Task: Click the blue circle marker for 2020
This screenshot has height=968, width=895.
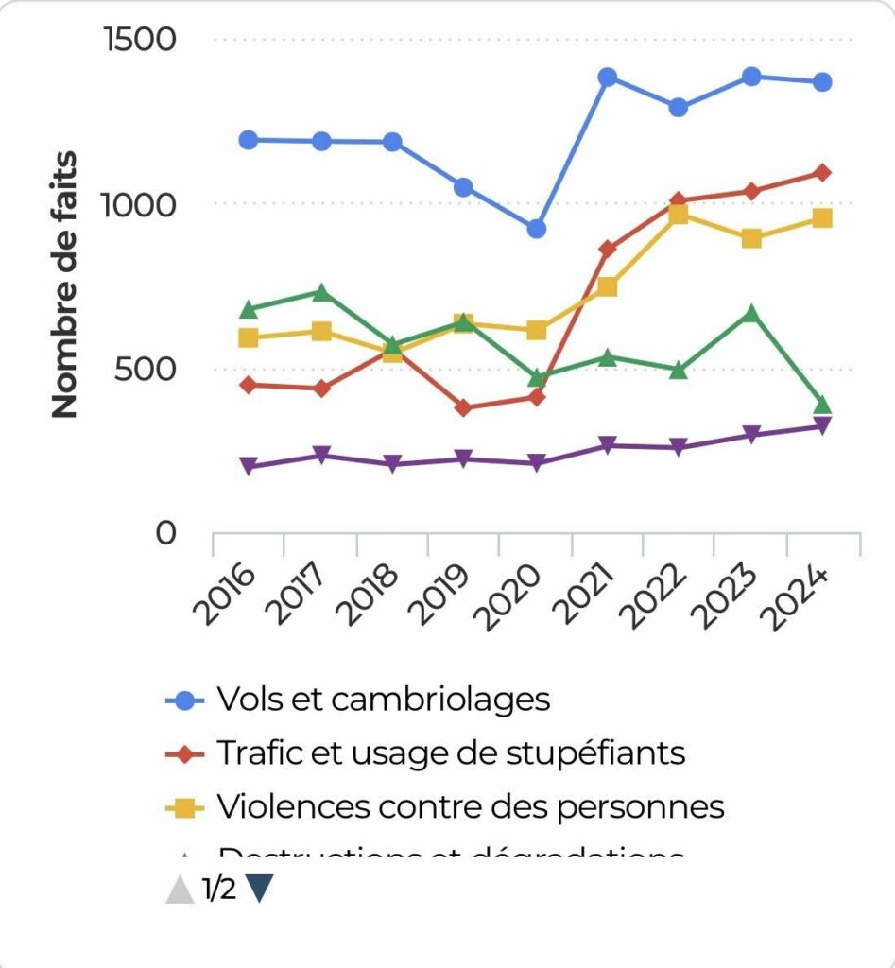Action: click(536, 229)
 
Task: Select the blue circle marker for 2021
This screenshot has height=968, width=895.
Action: click(608, 77)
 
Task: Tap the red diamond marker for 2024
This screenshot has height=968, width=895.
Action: click(822, 173)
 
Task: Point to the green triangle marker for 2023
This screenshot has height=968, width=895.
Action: click(750, 313)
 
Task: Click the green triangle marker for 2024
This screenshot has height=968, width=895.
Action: click(822, 406)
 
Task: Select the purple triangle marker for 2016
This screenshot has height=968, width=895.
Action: click(250, 466)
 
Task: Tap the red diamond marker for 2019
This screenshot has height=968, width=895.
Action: click(464, 408)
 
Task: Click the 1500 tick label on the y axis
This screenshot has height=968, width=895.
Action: click(140, 40)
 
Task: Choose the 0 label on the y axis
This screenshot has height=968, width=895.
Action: click(166, 533)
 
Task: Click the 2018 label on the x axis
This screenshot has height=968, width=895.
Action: click(372, 595)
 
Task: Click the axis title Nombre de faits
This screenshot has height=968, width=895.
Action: click(64, 284)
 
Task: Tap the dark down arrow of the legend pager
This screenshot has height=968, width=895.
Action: click(259, 889)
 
